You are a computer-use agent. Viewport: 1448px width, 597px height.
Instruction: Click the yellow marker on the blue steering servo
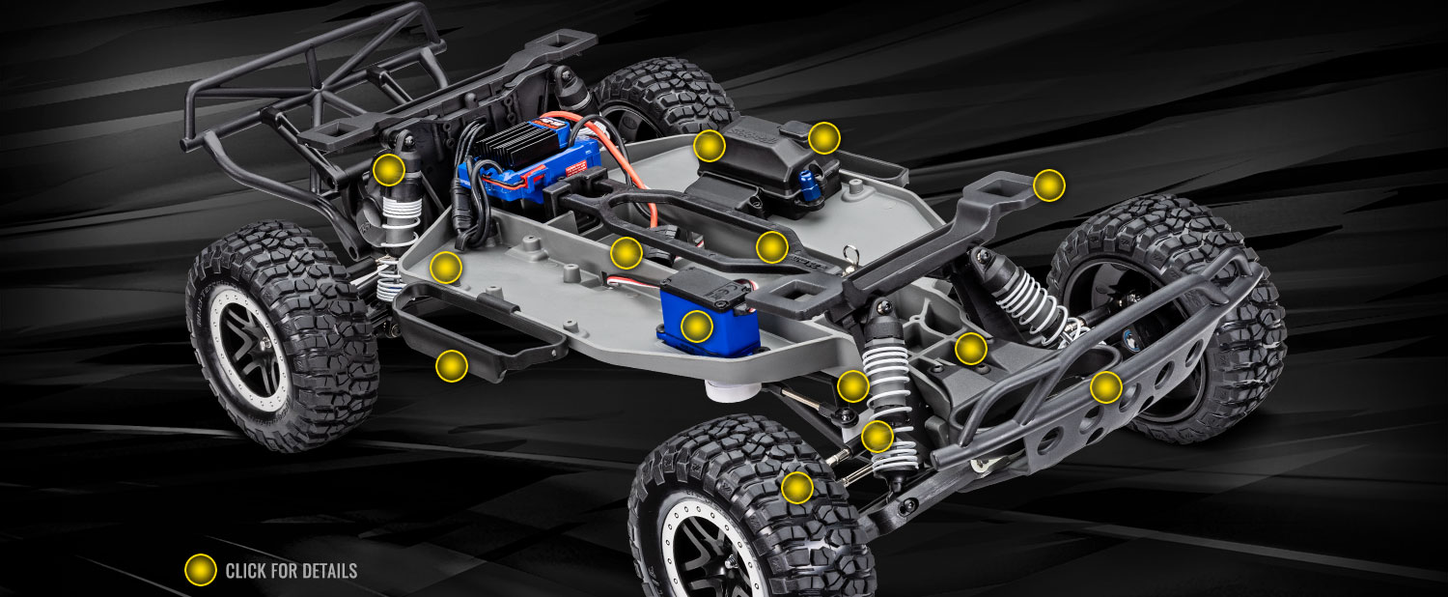(697, 327)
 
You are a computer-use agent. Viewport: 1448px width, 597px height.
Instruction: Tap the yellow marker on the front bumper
(1105, 387)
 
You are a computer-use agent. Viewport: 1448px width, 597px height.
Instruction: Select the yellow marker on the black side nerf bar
(451, 365)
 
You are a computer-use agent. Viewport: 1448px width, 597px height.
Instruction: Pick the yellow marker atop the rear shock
(388, 170)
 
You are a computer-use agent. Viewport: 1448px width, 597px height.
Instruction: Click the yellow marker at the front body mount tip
(1048, 185)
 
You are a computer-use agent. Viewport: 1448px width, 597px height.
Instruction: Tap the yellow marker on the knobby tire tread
(796, 487)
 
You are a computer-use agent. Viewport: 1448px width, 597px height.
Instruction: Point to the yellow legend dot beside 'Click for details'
(200, 570)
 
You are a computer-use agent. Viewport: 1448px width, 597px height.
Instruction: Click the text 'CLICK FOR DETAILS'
(291, 571)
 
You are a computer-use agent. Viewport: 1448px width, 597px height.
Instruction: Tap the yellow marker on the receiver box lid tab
(823, 138)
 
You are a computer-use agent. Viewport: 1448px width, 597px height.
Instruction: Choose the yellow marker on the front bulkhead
(970, 348)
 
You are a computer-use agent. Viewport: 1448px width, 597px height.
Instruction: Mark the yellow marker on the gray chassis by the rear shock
(445, 267)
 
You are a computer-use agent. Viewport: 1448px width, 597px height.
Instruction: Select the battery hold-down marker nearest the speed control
(626, 253)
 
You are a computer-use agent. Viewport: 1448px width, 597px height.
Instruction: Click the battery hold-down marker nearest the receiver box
(771, 247)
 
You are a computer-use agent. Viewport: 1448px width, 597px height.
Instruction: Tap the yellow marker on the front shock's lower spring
(877, 437)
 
